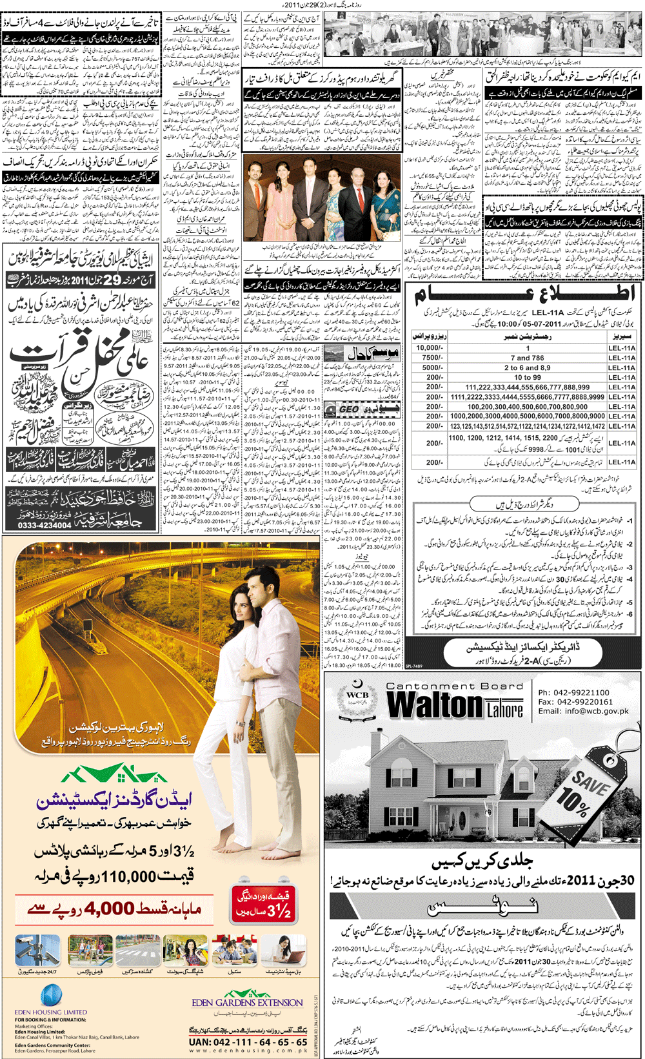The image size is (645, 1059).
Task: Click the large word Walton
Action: (x=435, y=705)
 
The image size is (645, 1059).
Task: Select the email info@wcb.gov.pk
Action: (x=583, y=711)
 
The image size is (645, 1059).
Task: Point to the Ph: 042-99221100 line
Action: (x=573, y=692)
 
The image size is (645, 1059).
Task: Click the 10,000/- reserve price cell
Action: (x=430, y=347)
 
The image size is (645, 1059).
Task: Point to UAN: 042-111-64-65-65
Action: (x=248, y=1042)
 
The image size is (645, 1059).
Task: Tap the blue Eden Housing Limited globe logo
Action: (x=51, y=996)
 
